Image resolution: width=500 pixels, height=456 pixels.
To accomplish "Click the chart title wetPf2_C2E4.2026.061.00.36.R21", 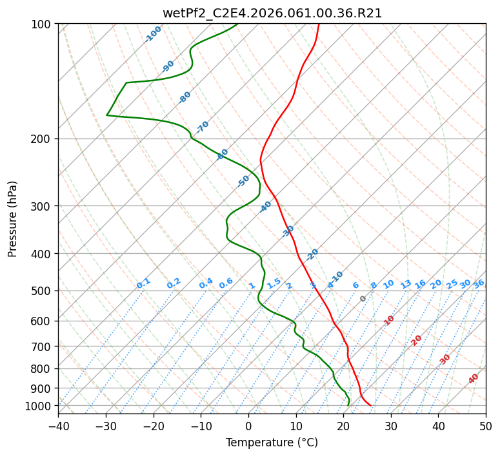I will (x=272, y=13).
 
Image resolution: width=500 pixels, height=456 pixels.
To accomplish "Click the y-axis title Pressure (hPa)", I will (x=13, y=219).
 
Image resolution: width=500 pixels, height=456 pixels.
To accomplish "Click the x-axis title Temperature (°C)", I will (x=272, y=442).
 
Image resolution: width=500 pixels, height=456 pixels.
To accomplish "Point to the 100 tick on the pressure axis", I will (x=43, y=24).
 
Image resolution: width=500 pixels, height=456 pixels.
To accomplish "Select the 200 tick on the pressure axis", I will (x=43, y=139).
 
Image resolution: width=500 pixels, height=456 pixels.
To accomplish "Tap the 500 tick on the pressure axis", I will (x=43, y=291).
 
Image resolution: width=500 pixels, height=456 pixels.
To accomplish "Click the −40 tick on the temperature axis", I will (x=58, y=426).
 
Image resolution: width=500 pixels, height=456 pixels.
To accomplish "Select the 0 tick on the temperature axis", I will (x=248, y=426).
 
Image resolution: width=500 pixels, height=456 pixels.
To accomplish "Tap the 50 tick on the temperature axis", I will (x=486, y=426).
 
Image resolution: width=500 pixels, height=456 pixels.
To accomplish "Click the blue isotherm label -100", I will (x=153, y=33).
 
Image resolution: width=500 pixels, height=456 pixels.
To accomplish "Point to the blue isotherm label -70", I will (x=203, y=126).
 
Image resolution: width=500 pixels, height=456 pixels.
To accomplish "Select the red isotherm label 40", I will (x=474, y=379).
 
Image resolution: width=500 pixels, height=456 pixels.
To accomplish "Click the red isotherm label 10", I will (x=389, y=320).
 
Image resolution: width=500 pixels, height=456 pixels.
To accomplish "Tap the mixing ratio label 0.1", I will (x=143, y=283).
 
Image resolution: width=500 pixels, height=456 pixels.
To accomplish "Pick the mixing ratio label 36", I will (x=479, y=283).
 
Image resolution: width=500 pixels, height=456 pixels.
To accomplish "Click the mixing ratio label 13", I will (x=406, y=284).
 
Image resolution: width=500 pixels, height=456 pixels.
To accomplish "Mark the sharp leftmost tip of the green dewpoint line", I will (x=107, y=115).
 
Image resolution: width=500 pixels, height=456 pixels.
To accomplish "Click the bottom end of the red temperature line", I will (x=371, y=406).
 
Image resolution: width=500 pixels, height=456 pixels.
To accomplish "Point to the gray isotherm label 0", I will (x=363, y=299).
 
